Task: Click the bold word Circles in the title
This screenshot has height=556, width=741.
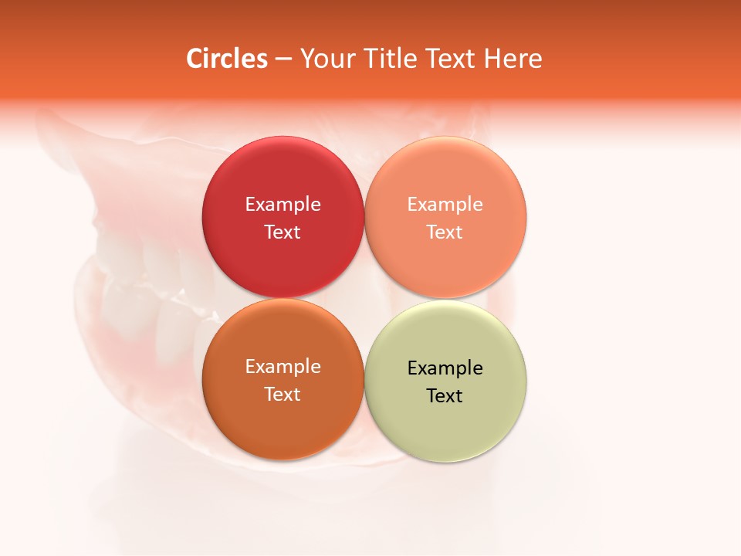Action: coord(227,59)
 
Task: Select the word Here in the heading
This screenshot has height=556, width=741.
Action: coord(513,59)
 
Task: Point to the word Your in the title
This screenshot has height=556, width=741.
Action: coord(323,59)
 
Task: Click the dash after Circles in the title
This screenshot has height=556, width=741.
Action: coord(283,59)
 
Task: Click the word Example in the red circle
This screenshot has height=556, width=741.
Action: coord(283,205)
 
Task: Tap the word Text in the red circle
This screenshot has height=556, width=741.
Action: coord(283,232)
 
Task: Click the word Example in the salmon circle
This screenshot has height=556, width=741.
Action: coord(445,205)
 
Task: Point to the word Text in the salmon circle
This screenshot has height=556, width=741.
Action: coord(445,232)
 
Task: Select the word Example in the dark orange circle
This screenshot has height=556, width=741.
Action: coord(283,367)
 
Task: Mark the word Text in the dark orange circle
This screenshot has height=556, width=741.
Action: coord(283,395)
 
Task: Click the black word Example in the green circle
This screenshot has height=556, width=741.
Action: coord(445,368)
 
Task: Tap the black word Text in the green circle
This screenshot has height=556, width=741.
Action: coord(445,396)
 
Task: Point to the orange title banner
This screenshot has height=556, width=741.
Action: coord(633,46)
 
